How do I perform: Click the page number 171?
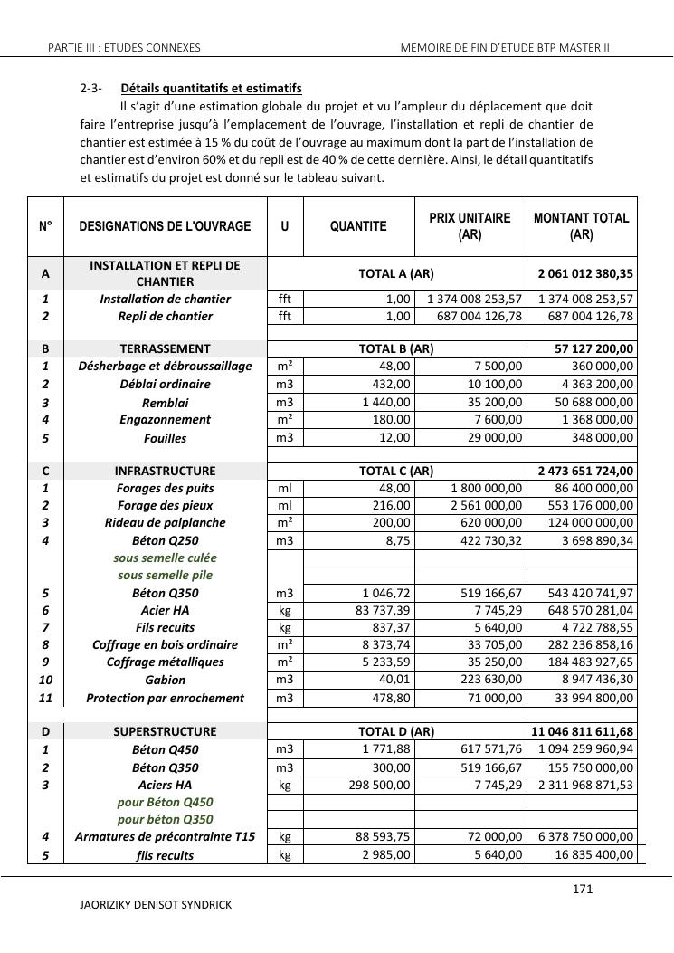[x=583, y=890]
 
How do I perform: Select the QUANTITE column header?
[x=358, y=226]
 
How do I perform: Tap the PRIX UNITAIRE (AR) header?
[x=470, y=226]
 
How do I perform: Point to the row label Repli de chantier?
[x=165, y=316]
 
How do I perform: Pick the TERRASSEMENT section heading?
[x=165, y=348]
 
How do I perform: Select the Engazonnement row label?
[x=165, y=419]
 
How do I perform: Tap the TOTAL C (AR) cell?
[x=396, y=471]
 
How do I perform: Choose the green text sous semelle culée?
[x=165, y=558]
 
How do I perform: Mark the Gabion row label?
[x=165, y=680]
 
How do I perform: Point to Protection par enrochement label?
[x=165, y=698]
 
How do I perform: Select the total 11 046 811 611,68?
[x=584, y=731]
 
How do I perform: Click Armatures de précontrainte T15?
[x=165, y=837]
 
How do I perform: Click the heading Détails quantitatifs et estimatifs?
[x=211, y=89]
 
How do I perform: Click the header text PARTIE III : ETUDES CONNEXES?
[x=124, y=47]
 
